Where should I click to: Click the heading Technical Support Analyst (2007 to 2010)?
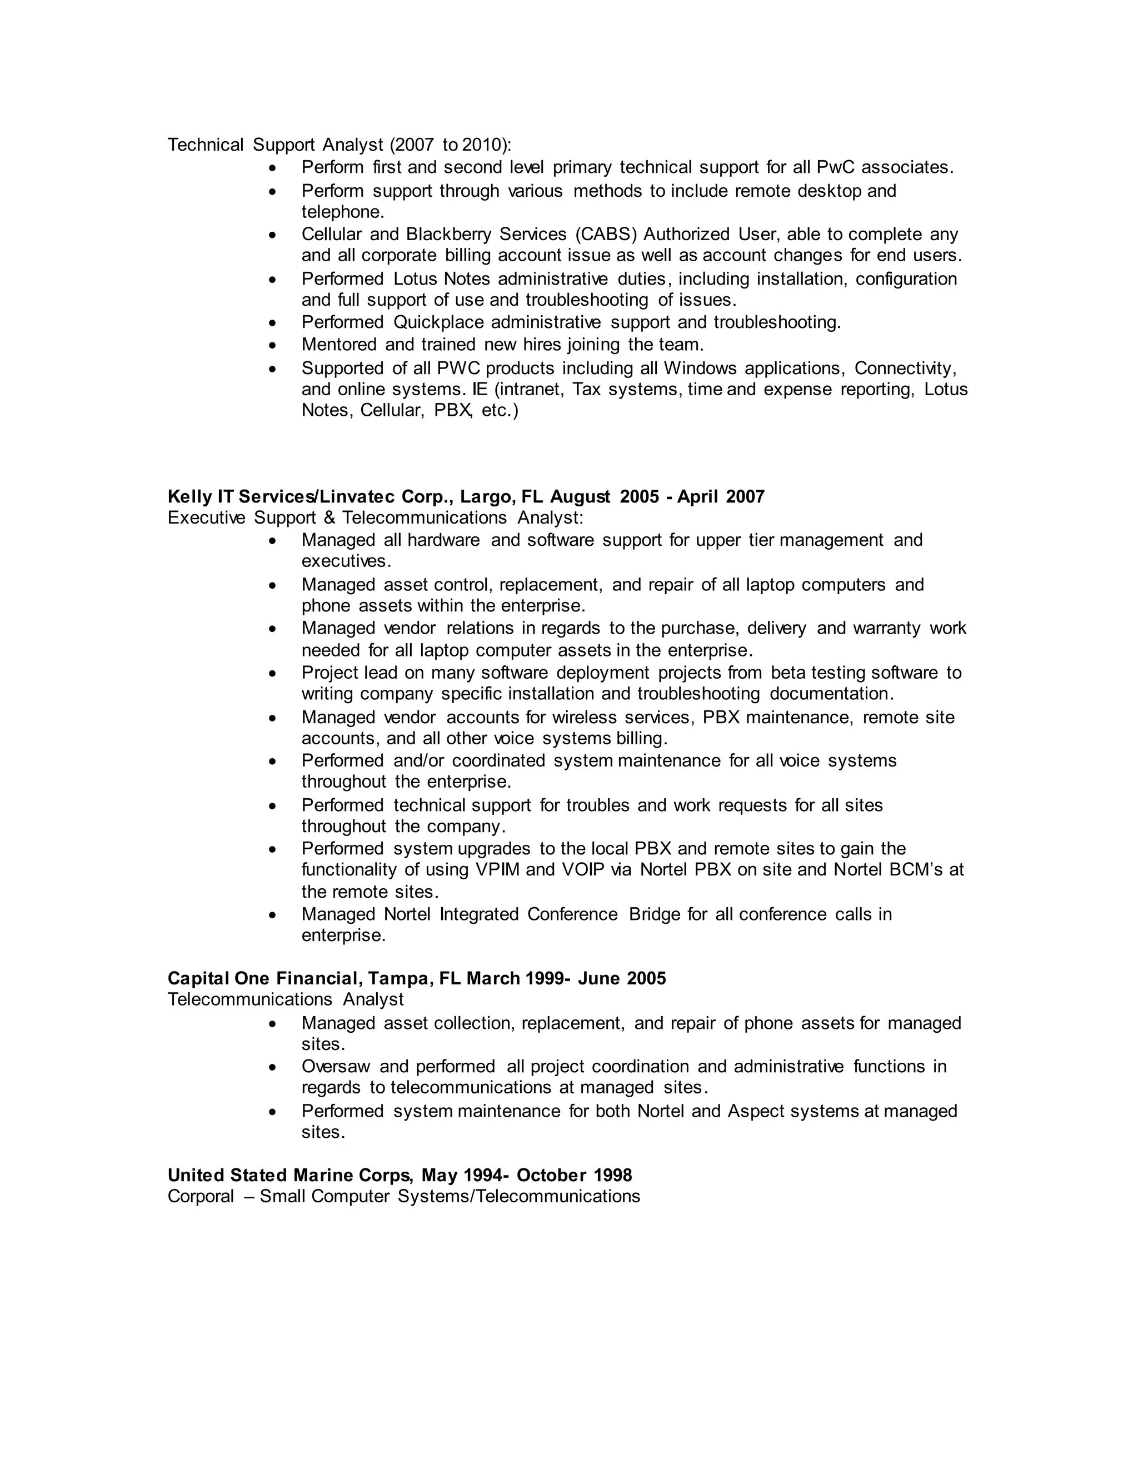pos(339,145)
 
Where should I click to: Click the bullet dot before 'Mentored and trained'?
pos(272,345)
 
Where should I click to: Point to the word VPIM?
pos(497,870)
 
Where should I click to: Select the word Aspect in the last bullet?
pos(755,1112)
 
